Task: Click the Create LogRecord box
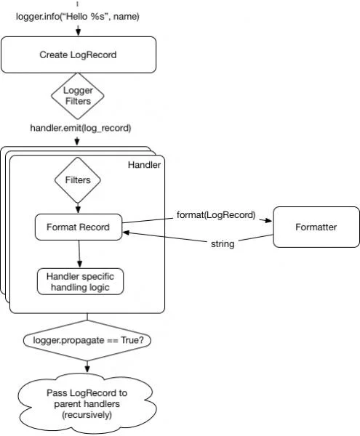point(78,54)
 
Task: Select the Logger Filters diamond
point(78,95)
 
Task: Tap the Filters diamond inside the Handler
point(78,179)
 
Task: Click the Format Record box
point(79,227)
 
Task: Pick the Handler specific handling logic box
point(80,281)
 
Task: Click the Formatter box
point(316,227)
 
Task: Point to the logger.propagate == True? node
point(87,340)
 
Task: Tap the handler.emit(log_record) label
point(81,128)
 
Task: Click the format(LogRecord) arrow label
point(216,214)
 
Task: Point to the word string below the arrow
point(222,244)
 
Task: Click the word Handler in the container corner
point(144,165)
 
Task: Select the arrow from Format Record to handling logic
point(79,254)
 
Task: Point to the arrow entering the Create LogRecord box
point(78,32)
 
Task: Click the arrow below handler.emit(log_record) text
point(78,140)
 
